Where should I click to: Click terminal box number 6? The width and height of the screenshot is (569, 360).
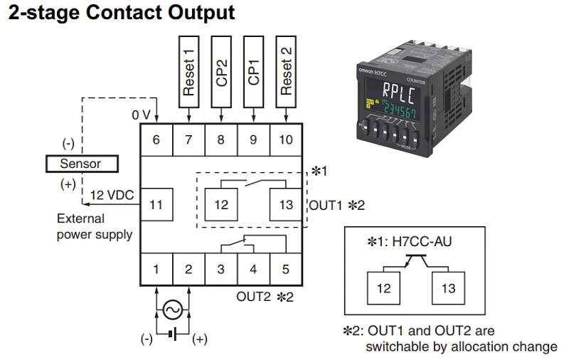coord(156,139)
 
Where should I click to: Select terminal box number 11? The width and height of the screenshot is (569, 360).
coord(156,205)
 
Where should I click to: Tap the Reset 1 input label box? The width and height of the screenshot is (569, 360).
coord(188,70)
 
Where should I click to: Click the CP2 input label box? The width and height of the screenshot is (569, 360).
coord(221,70)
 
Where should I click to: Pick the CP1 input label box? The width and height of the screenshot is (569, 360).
coord(254,70)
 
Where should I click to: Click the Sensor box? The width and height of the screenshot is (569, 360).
coord(82,164)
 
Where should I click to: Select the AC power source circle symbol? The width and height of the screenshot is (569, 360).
coord(172,309)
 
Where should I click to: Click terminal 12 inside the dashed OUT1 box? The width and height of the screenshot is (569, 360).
coord(221,205)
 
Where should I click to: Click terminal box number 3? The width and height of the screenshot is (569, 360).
coord(221,270)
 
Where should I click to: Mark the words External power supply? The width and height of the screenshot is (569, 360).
coord(94,226)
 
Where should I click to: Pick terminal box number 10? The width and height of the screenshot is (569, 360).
coord(286,139)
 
